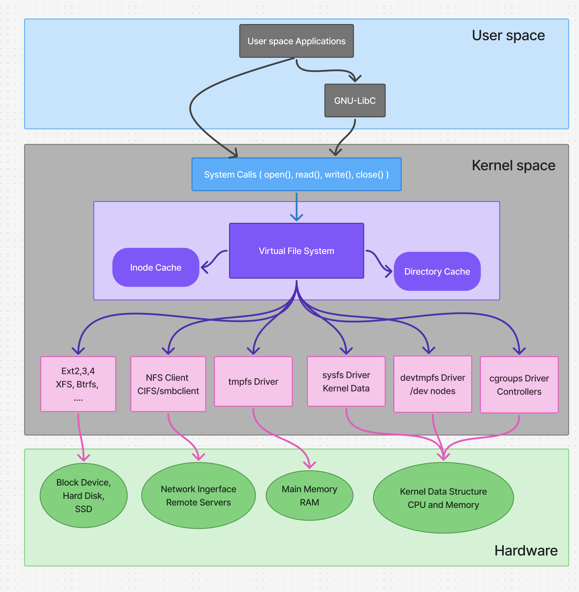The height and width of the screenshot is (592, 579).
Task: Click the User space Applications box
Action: click(x=296, y=41)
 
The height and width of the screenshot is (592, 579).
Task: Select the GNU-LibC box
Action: click(x=355, y=101)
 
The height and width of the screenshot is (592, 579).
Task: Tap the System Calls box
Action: click(x=296, y=174)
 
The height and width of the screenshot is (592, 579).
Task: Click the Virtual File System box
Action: click(x=296, y=251)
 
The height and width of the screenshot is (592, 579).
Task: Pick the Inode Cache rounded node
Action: click(x=156, y=267)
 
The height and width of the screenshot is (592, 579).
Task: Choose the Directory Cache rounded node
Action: click(x=437, y=271)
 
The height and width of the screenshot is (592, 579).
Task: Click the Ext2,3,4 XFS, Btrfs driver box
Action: click(x=78, y=384)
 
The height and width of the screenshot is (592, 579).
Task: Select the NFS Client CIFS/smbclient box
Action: click(x=168, y=384)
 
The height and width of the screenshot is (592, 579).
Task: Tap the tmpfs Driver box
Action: click(x=253, y=382)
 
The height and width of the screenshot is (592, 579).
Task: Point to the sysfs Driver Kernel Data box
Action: click(x=346, y=382)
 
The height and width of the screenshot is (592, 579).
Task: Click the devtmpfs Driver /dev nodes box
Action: click(x=432, y=384)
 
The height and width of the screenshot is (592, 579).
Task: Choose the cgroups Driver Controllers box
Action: click(x=519, y=385)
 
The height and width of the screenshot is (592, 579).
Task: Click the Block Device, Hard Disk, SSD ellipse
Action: click(x=83, y=495)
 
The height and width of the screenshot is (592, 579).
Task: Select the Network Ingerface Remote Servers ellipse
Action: click(x=198, y=495)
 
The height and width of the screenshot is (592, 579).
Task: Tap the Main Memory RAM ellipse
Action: click(x=309, y=495)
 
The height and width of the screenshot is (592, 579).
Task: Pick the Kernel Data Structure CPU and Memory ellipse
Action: click(x=443, y=498)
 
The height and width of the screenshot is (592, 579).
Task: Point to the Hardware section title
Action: click(x=526, y=551)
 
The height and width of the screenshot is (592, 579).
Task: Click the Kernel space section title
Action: click(x=513, y=165)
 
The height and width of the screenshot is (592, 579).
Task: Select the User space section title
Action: click(x=508, y=35)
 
